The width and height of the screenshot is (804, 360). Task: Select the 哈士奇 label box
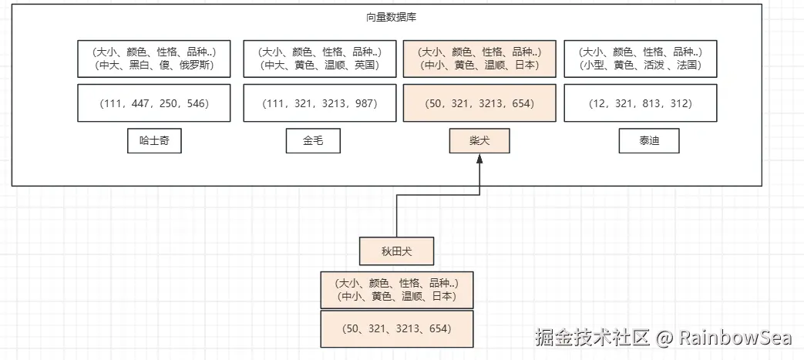coord(154,141)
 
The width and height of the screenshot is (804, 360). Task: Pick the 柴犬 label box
coord(479,141)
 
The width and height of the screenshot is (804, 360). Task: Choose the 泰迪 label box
coord(649,141)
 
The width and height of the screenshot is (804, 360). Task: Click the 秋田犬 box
coord(397,251)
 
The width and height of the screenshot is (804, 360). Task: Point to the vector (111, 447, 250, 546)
coord(154,103)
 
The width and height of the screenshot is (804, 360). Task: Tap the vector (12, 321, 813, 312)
coord(640,103)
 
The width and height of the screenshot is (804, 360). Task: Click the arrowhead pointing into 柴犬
coord(479,160)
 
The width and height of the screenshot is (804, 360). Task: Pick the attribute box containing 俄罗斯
coord(154,59)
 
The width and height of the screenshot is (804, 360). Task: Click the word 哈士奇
coord(154,141)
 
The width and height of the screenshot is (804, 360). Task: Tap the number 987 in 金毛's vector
coord(365,103)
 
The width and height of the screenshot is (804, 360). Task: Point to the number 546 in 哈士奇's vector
coord(197,103)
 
